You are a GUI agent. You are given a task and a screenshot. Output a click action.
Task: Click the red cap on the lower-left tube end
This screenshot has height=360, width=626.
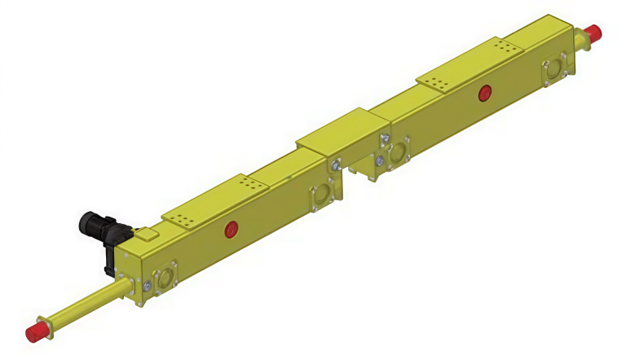point(36,333)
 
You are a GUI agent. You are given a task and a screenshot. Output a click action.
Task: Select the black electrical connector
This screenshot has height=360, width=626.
point(99,227)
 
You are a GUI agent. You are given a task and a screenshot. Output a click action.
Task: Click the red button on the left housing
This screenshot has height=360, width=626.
point(231,230)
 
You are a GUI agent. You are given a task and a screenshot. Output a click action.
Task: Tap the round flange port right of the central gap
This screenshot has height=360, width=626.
point(399,152)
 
